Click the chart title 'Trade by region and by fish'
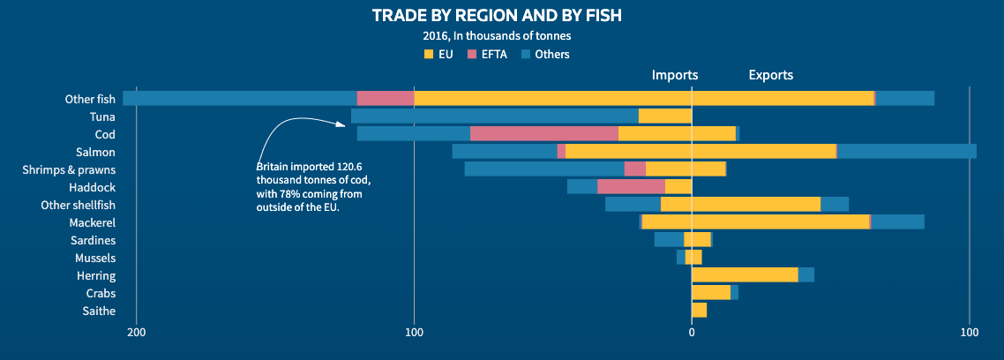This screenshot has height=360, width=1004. pyautogui.click(x=502, y=16)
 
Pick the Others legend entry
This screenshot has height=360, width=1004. pyautogui.click(x=544, y=55)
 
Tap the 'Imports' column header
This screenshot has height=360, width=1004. pyautogui.click(x=675, y=75)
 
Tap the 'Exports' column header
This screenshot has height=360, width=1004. pyautogui.click(x=770, y=75)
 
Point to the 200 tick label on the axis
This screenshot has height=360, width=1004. pyautogui.click(x=136, y=333)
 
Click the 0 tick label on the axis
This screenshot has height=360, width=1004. pyautogui.click(x=692, y=333)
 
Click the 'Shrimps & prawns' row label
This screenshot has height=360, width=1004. pyautogui.click(x=69, y=169)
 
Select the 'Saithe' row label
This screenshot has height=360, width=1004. pyautogui.click(x=99, y=311)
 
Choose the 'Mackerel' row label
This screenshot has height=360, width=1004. pyautogui.click(x=93, y=222)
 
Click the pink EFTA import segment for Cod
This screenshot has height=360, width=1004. pyautogui.click(x=544, y=134)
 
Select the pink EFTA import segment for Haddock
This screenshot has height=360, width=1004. pyautogui.click(x=631, y=187)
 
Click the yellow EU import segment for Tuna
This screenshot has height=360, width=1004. pyautogui.click(x=664, y=116)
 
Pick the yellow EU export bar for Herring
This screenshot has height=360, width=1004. pyautogui.click(x=745, y=275)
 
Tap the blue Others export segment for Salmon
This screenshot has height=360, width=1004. pyautogui.click(x=907, y=152)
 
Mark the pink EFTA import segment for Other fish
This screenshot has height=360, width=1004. pyautogui.click(x=385, y=99)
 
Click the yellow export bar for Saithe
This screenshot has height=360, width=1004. pyautogui.click(x=699, y=311)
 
